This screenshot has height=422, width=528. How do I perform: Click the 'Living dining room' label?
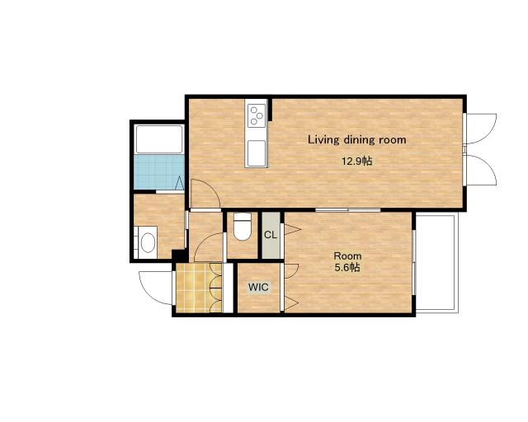(x=357, y=139)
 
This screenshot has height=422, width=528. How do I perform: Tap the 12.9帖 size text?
(x=357, y=162)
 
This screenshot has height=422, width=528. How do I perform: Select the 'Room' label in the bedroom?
(x=347, y=256)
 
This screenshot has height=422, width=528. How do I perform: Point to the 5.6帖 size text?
(x=347, y=268)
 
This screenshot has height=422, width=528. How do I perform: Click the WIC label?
(x=258, y=287)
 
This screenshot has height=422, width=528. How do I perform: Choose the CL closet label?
(x=271, y=235)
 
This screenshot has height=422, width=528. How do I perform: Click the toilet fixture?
(x=243, y=227)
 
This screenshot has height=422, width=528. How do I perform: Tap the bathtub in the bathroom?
(x=159, y=139)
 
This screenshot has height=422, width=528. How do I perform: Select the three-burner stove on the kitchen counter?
(x=257, y=115)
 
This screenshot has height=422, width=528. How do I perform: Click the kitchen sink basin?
(x=257, y=153)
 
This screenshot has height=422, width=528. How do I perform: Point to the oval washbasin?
(x=148, y=242)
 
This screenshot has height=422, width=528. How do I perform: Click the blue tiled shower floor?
(x=159, y=172)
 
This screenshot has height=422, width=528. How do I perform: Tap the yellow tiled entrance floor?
(x=198, y=288)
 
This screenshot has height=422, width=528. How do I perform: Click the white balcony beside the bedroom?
(x=436, y=262)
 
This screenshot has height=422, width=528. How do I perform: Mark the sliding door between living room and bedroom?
(x=348, y=210)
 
